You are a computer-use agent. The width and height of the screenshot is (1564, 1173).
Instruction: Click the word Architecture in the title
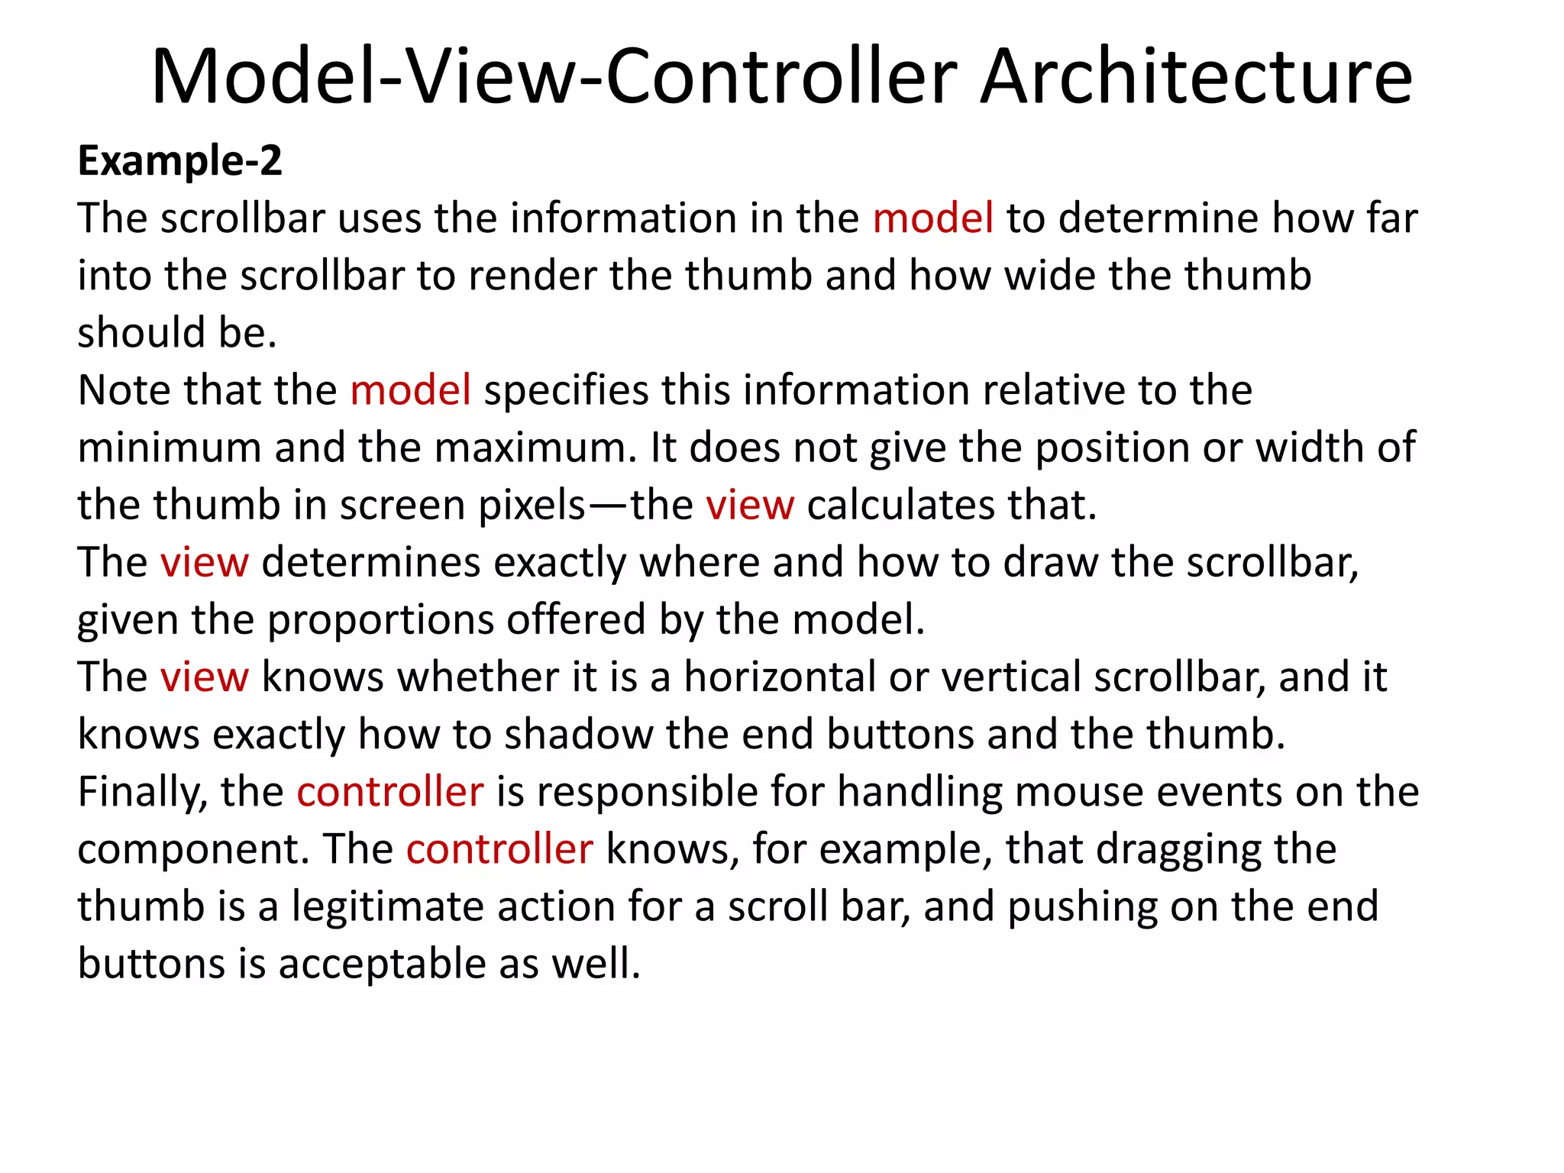click(1196, 76)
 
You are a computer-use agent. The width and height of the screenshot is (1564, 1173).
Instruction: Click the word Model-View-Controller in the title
click(554, 76)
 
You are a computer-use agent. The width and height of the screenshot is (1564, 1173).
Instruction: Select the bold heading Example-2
click(180, 161)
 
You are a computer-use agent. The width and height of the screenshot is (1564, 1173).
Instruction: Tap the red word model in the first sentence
click(932, 218)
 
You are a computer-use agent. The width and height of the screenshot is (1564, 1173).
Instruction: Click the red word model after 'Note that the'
click(410, 390)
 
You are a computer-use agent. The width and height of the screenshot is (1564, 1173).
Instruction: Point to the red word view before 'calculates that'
click(749, 506)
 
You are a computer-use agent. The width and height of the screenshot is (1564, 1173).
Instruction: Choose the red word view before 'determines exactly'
click(204, 563)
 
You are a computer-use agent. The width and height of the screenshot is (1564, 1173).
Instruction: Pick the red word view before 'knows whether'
click(204, 677)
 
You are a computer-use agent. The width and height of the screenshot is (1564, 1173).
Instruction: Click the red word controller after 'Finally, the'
click(389, 792)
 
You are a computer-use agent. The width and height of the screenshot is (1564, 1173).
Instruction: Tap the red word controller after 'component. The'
click(499, 849)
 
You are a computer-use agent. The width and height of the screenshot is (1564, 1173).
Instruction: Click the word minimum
click(170, 448)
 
